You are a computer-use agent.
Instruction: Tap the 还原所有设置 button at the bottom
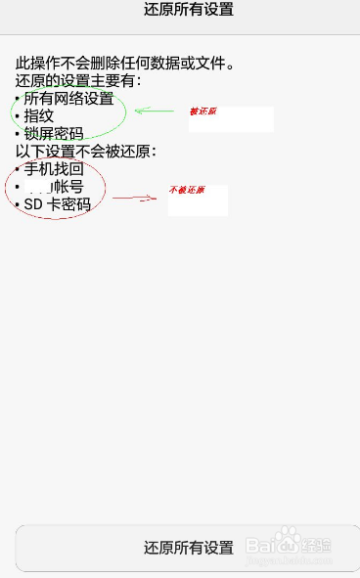188,547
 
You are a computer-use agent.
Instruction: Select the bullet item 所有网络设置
68,99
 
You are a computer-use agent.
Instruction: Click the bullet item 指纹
39,116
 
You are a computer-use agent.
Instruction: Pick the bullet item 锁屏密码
54,134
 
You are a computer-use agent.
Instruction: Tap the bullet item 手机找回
54,169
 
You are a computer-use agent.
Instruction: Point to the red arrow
135,199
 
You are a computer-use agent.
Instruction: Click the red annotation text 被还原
203,111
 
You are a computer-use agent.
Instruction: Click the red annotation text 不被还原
187,190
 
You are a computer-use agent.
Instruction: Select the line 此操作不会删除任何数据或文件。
125,65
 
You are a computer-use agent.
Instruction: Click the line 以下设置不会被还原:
86,152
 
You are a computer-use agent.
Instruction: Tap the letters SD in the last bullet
34,204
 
